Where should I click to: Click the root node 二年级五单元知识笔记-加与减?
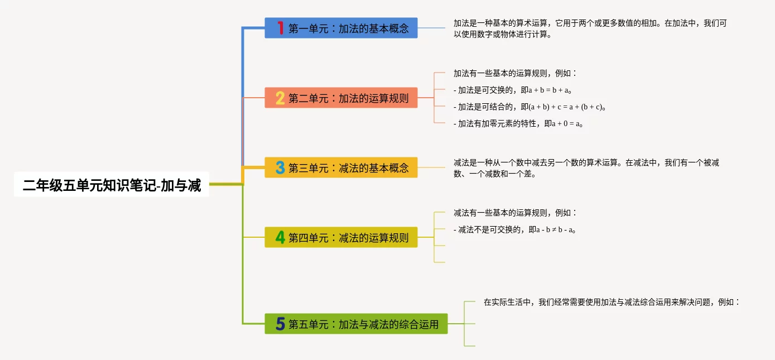[x=112, y=185]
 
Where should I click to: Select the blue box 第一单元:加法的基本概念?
[x=341, y=28]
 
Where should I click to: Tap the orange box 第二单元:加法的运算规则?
[x=341, y=98]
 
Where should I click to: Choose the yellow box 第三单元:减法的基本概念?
[x=341, y=167]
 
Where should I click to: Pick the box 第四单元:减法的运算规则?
[x=341, y=237]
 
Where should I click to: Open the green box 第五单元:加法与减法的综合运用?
[x=356, y=324]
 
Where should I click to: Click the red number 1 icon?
[x=280, y=28]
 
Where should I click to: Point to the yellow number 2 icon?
[x=280, y=98]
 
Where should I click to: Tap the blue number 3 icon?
[x=280, y=167]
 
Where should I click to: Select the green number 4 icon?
[x=280, y=237]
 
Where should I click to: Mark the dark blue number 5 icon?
[x=280, y=324]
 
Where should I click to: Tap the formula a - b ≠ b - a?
[x=555, y=230]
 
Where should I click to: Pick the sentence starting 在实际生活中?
[x=611, y=302]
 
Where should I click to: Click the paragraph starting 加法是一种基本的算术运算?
[x=589, y=29]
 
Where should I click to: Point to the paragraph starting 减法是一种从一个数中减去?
[x=586, y=168]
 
